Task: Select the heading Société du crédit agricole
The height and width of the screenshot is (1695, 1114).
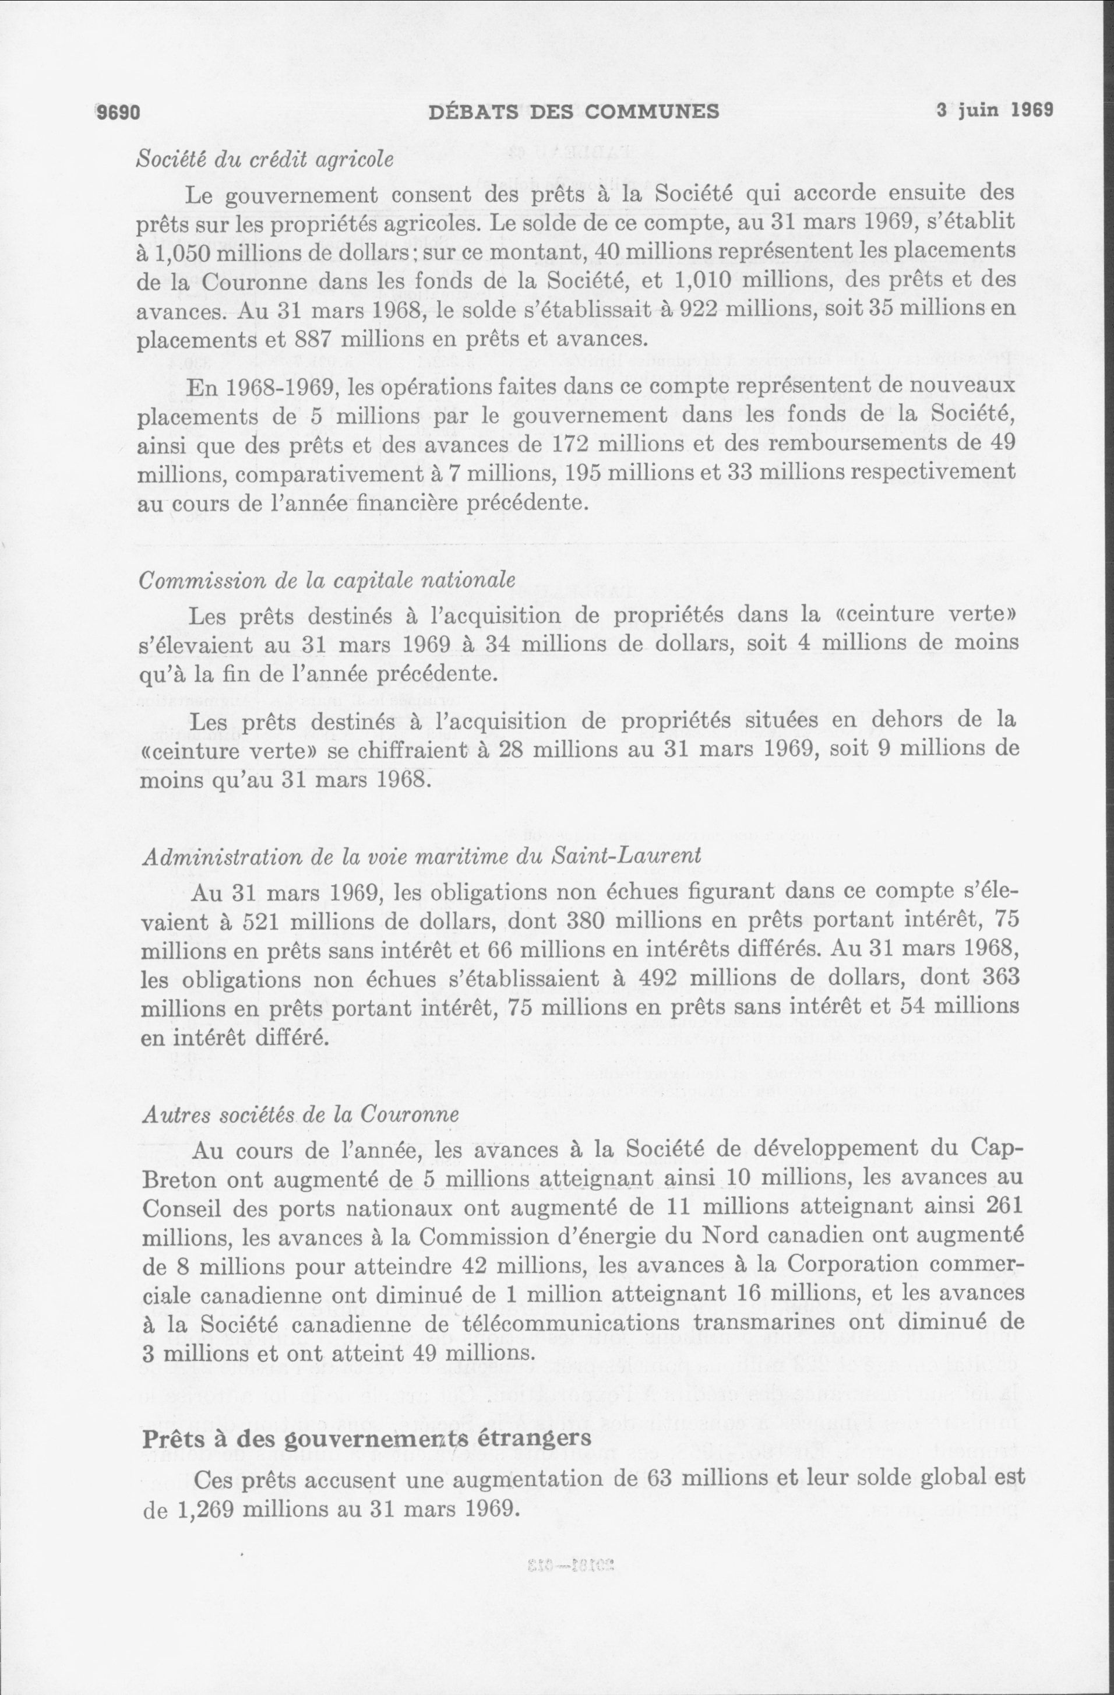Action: tap(264, 160)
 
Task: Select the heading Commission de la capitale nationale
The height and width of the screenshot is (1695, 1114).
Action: tap(327, 580)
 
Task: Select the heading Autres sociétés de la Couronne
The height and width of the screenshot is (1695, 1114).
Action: tap(299, 1114)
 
